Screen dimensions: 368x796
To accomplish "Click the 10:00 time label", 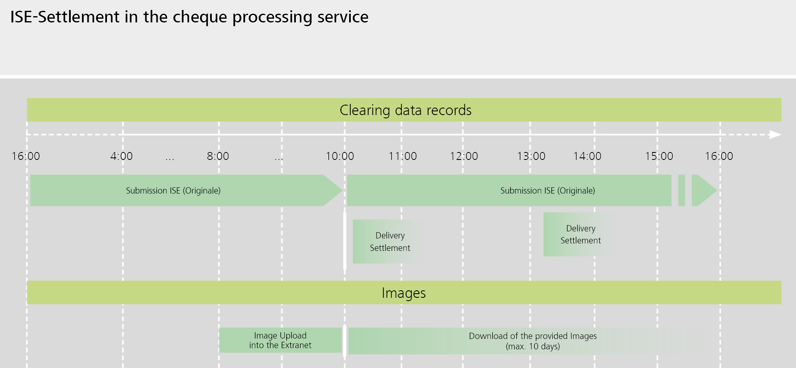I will tap(340, 156).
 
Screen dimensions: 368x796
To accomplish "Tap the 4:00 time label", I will tap(121, 156).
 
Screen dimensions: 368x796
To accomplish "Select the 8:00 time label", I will tap(218, 156).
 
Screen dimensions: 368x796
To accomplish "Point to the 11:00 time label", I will tap(402, 156).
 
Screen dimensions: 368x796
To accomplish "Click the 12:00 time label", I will tap(464, 156).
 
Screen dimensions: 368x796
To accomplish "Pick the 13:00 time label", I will tap(531, 156).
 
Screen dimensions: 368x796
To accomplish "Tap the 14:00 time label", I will tap(587, 156).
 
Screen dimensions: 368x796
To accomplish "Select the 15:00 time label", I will tap(659, 156).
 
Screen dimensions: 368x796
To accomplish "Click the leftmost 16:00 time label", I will tap(26, 156).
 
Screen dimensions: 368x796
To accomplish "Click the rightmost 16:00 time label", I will tap(719, 156).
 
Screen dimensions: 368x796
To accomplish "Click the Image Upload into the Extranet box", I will tap(280, 340).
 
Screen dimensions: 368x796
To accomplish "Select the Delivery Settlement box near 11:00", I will tap(389, 241).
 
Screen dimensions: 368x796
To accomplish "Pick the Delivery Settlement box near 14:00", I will tap(580, 234).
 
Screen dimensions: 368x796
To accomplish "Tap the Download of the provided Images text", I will tap(533, 341).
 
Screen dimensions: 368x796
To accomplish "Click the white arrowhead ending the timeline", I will tap(775, 135).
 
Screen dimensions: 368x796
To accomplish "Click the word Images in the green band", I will tap(404, 293).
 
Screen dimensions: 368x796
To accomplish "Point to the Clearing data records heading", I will tap(405, 110).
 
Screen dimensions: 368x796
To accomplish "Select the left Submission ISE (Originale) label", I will tap(173, 191).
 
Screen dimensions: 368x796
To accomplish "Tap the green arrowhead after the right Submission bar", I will tap(707, 191).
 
